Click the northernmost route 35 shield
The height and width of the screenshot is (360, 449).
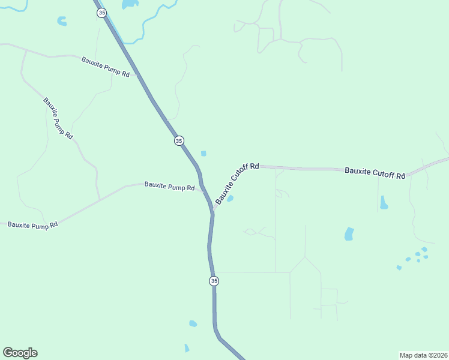102,13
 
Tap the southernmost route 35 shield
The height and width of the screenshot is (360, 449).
214,281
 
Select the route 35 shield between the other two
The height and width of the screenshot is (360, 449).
179,140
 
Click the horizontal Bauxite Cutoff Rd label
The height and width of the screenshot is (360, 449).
375,173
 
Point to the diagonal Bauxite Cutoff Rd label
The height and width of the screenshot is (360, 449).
237,183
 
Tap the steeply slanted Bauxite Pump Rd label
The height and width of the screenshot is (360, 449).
58,118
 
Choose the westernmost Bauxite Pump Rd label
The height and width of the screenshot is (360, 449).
32,224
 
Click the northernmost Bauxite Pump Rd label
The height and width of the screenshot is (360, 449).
106,67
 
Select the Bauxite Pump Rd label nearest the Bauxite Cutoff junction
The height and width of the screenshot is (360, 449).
169,187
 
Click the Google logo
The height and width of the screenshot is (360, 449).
20,353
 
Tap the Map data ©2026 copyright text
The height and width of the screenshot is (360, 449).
423,355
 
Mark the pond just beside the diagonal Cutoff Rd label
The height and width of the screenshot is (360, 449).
230,199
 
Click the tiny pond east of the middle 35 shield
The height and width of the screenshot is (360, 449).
203,154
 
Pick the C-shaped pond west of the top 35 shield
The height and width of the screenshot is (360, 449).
61,22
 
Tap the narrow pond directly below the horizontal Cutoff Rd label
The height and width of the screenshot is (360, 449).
383,203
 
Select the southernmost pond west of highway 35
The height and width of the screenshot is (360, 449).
187,348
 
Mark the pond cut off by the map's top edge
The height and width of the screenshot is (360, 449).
130,4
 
